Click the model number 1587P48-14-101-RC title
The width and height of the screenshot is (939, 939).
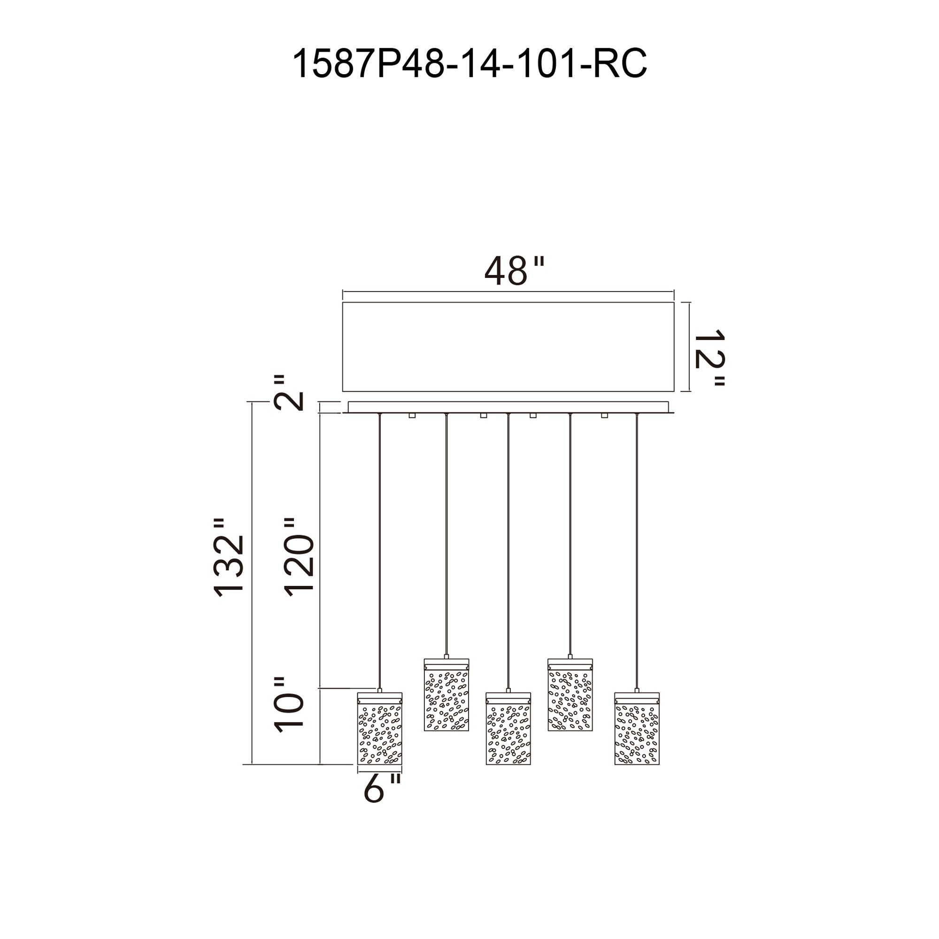click(469, 64)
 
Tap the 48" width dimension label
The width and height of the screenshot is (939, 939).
click(515, 271)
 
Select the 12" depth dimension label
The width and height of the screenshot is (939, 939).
click(709, 358)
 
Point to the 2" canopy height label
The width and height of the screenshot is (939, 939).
click(289, 393)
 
